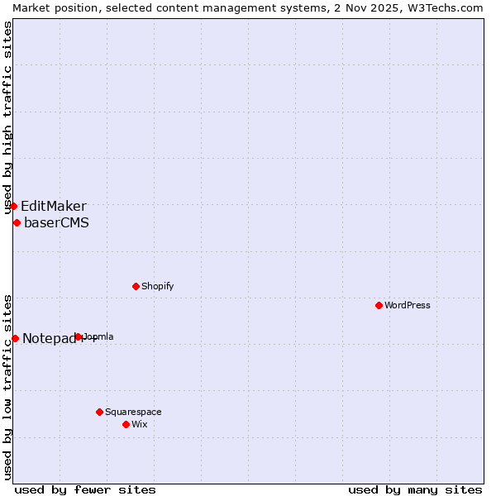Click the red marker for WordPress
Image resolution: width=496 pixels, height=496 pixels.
pyautogui.click(x=379, y=305)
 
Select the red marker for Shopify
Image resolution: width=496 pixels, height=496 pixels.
pyautogui.click(x=136, y=286)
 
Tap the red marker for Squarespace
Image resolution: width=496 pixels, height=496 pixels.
pyautogui.click(x=99, y=412)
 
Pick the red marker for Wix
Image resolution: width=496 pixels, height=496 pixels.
pyautogui.click(x=126, y=424)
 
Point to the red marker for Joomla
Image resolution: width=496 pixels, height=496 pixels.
pyautogui.click(x=79, y=336)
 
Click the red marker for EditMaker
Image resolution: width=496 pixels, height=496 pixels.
pyautogui.click(x=13, y=206)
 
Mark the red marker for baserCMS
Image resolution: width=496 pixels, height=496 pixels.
pyautogui.click(x=17, y=222)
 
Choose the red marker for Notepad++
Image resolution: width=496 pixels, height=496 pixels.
pyautogui.click(x=15, y=338)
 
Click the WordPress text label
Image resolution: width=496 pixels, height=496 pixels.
pyautogui.click(x=408, y=305)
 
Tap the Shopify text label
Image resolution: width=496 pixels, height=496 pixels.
pyautogui.click(x=158, y=286)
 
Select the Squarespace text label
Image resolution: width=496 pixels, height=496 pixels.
pyautogui.click(x=133, y=412)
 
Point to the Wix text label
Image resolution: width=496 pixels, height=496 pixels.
pyautogui.click(x=140, y=424)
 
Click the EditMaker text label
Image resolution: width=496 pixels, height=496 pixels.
pyautogui.click(x=54, y=206)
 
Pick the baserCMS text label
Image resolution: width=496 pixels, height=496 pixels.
pyautogui.click(x=56, y=222)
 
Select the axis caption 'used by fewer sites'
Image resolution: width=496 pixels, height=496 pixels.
pyautogui.click(x=85, y=489)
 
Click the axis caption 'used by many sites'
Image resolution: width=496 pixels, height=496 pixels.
pyautogui.click(x=415, y=489)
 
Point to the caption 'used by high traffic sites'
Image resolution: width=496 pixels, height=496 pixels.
pyautogui.click(x=7, y=118)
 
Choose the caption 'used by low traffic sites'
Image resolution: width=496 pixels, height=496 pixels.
pyautogui.click(x=7, y=387)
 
